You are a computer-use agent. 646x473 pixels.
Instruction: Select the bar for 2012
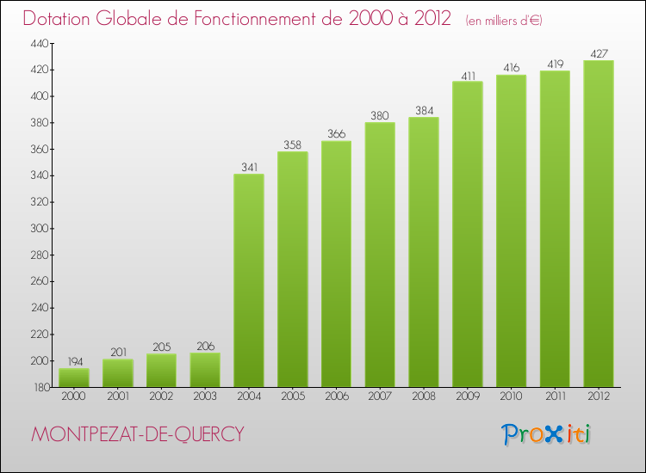[599, 224]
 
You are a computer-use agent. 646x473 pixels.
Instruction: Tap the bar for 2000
[74, 378]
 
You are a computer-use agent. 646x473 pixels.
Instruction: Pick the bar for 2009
[468, 234]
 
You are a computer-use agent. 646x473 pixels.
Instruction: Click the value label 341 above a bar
[249, 167]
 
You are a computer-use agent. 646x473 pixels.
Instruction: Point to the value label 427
[599, 53]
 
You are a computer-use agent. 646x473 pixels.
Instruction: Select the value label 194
[74, 361]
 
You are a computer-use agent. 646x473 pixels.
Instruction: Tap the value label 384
[424, 110]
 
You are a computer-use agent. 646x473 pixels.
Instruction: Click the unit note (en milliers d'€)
[504, 21]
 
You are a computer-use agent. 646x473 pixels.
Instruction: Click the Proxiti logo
[546, 434]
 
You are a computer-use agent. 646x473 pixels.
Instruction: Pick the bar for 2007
[380, 255]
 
